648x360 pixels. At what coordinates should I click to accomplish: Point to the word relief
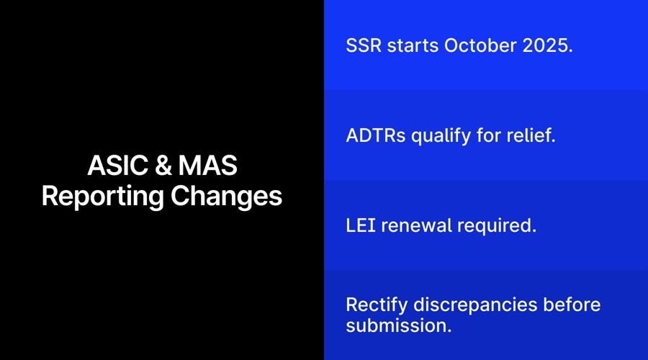531,135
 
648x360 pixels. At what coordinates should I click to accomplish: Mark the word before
572,305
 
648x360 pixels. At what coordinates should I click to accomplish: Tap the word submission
398,325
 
